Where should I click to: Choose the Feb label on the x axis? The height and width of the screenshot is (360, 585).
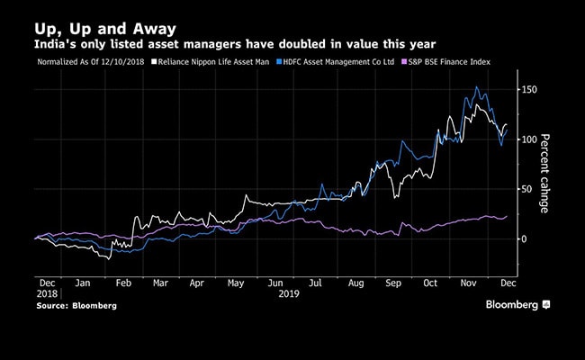124,283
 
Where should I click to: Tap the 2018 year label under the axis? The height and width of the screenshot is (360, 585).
48,294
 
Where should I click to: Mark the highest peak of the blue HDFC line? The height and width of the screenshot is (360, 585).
476,87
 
